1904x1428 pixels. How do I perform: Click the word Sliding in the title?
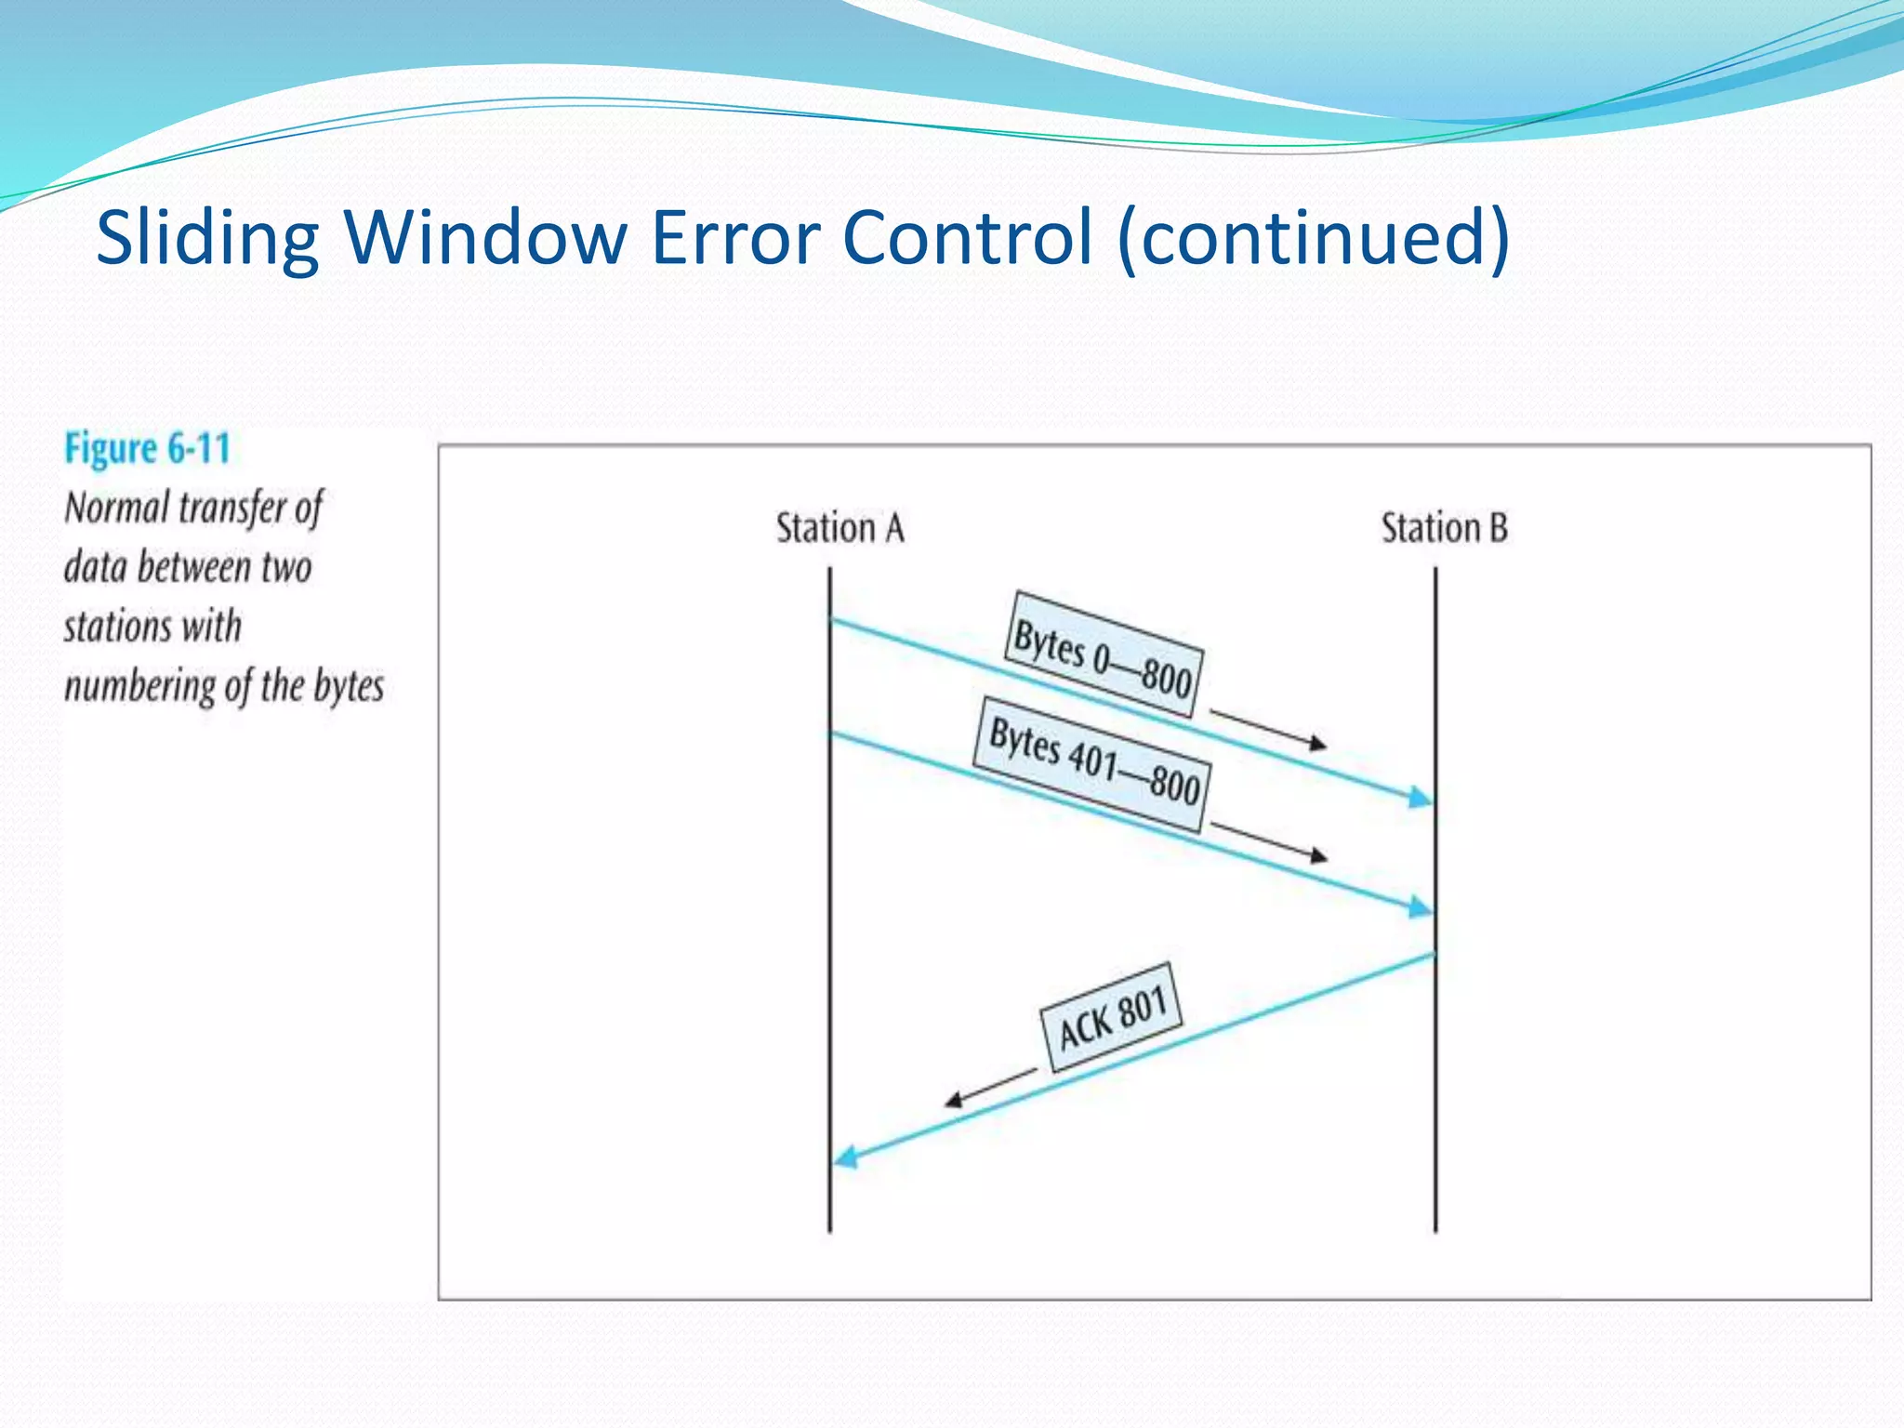click(x=207, y=239)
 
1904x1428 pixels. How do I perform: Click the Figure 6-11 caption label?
click(x=147, y=449)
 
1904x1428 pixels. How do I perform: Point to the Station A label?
click(x=840, y=528)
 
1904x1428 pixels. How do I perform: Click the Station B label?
click(x=1444, y=528)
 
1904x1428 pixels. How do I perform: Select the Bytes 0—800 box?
click(x=1104, y=654)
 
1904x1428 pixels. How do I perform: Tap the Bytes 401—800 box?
click(x=1093, y=763)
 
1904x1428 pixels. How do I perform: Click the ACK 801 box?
click(x=1111, y=1017)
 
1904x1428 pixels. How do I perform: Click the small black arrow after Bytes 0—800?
click(x=1269, y=728)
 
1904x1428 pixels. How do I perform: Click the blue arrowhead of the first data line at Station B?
click(x=1419, y=798)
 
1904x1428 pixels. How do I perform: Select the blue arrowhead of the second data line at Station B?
click(x=1419, y=906)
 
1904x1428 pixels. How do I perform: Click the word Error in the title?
click(x=735, y=239)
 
